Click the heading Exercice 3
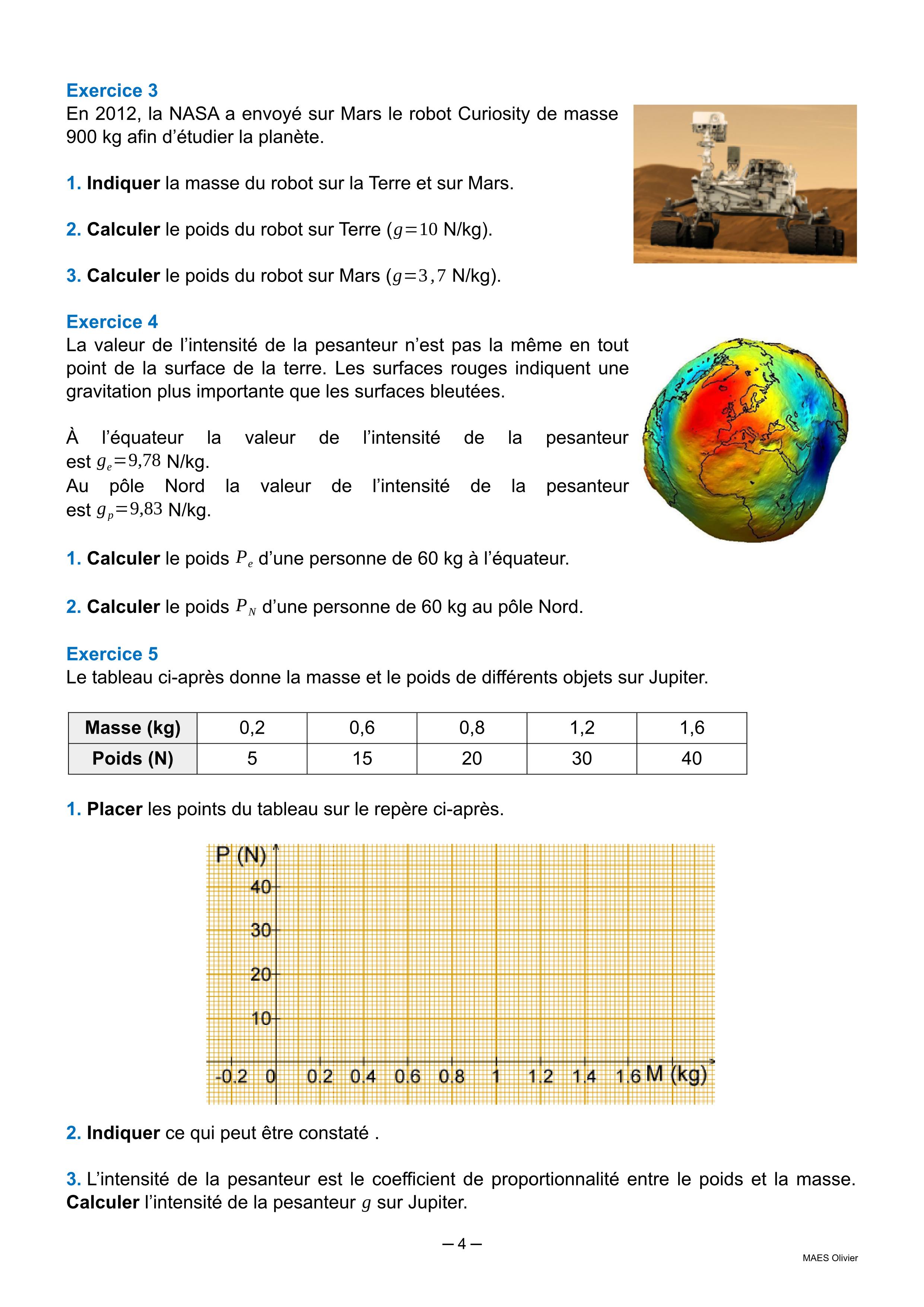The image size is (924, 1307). coord(112,91)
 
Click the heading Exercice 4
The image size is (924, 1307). coord(112,322)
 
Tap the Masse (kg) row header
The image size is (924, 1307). coord(133,728)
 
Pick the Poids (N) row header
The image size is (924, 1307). coord(133,758)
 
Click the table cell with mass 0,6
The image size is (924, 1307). coord(362,728)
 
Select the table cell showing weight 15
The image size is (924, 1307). coord(362,758)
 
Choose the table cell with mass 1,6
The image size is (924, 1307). coord(692,728)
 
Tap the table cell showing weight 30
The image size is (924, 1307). coord(581,758)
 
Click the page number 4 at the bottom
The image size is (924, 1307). coord(461,1244)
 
